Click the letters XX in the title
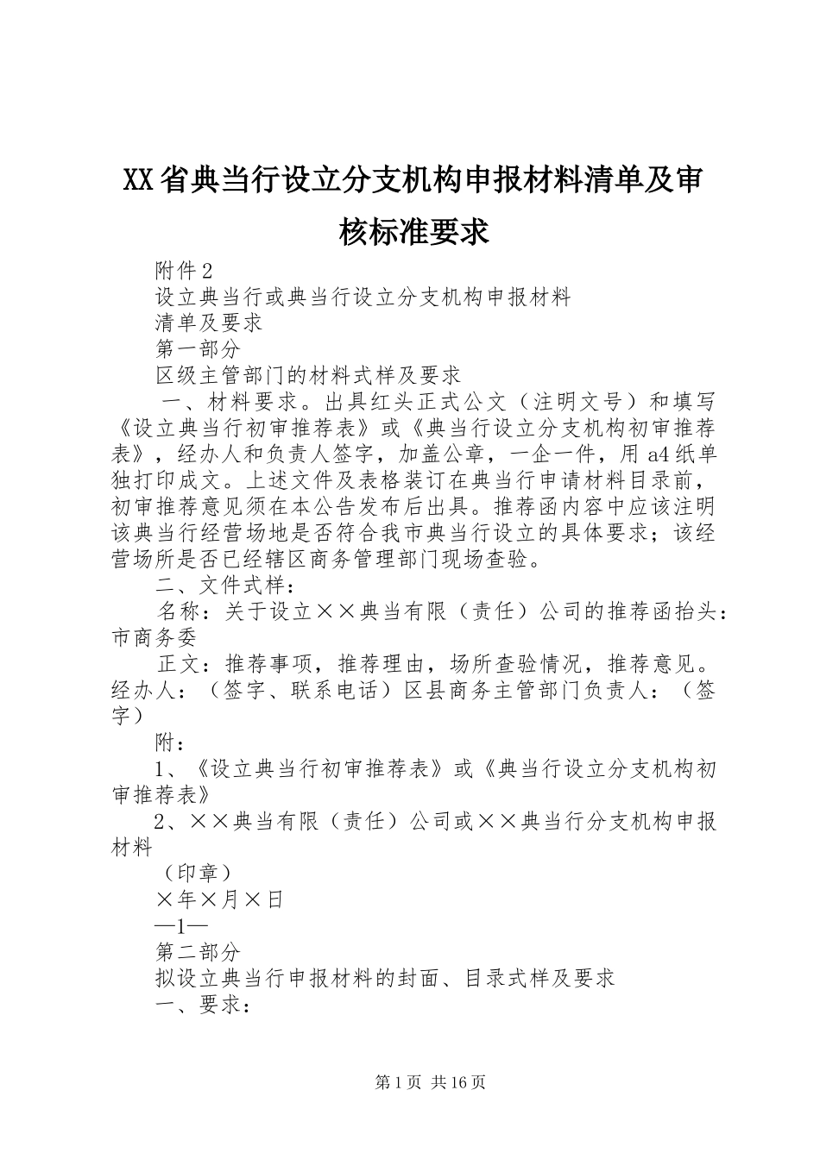[139, 180]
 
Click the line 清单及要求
[209, 323]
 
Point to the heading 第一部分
[198, 349]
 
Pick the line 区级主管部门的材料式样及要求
[308, 375]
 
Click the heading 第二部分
[198, 952]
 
